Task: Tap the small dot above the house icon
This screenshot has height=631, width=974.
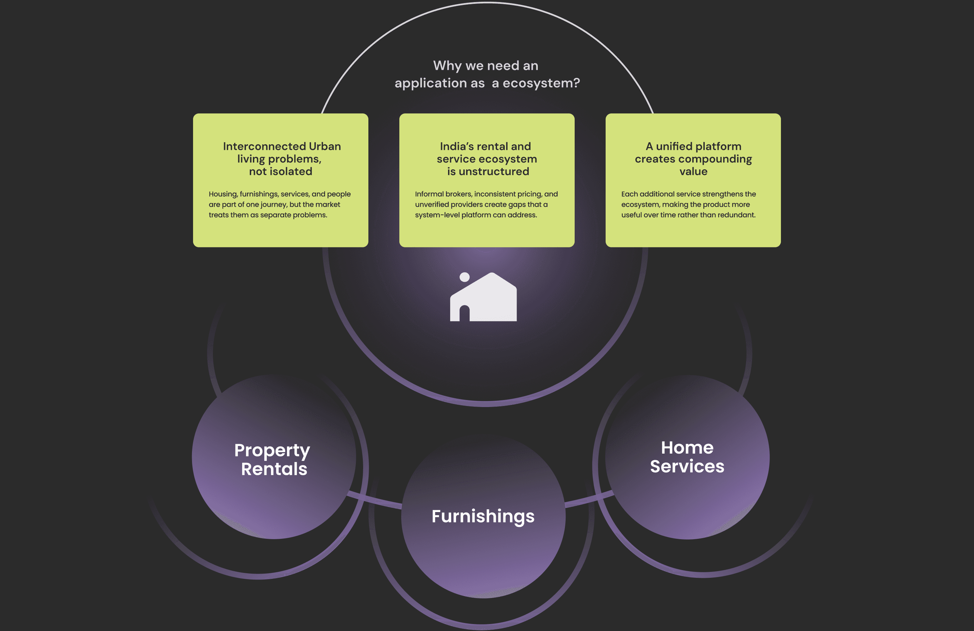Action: point(464,277)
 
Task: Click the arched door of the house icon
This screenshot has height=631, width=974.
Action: point(464,313)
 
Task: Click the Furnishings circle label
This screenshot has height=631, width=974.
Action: point(483,516)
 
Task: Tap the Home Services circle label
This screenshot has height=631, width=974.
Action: point(687,457)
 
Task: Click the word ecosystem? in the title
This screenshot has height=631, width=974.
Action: point(541,83)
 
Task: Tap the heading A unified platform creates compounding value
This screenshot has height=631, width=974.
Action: point(693,158)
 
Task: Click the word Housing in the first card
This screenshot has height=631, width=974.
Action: point(223,194)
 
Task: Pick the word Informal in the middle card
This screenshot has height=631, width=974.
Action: point(429,194)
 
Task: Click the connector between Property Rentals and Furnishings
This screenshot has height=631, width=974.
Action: point(374,501)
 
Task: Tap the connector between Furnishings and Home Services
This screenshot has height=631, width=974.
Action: point(589,499)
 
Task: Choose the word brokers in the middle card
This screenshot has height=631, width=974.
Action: point(458,194)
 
